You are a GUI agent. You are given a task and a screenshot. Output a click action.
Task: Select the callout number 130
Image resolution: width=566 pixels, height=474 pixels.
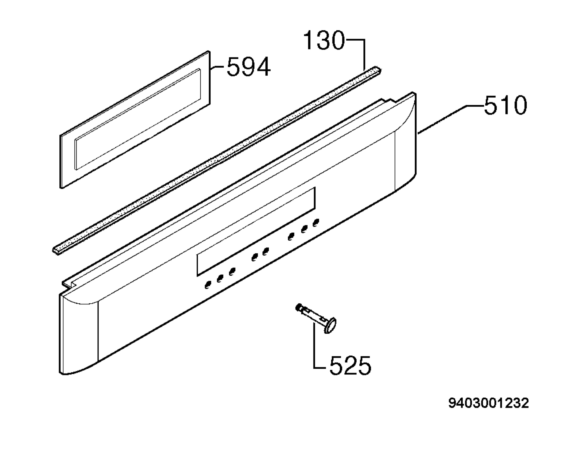tap(324, 40)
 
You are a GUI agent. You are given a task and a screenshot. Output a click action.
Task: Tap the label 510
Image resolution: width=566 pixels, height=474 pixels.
tap(505, 105)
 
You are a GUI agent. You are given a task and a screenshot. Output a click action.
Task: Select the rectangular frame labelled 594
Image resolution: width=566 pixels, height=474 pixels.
tap(135, 119)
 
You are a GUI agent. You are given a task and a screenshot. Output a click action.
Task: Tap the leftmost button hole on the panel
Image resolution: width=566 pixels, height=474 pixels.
tap(208, 285)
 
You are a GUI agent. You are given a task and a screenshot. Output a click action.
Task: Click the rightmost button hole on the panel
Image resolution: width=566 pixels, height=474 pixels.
tap(316, 223)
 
